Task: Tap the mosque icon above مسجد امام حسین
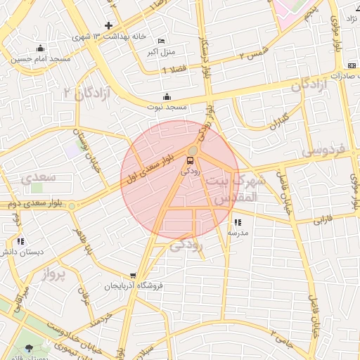(x=40, y=49)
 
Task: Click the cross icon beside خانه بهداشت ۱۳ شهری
(x=108, y=25)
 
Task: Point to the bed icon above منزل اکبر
(x=162, y=41)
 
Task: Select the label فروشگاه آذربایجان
(x=134, y=286)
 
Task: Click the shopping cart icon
(x=133, y=276)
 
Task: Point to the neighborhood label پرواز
(x=50, y=272)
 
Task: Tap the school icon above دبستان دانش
(x=20, y=241)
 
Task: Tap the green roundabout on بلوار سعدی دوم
(x=71, y=205)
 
